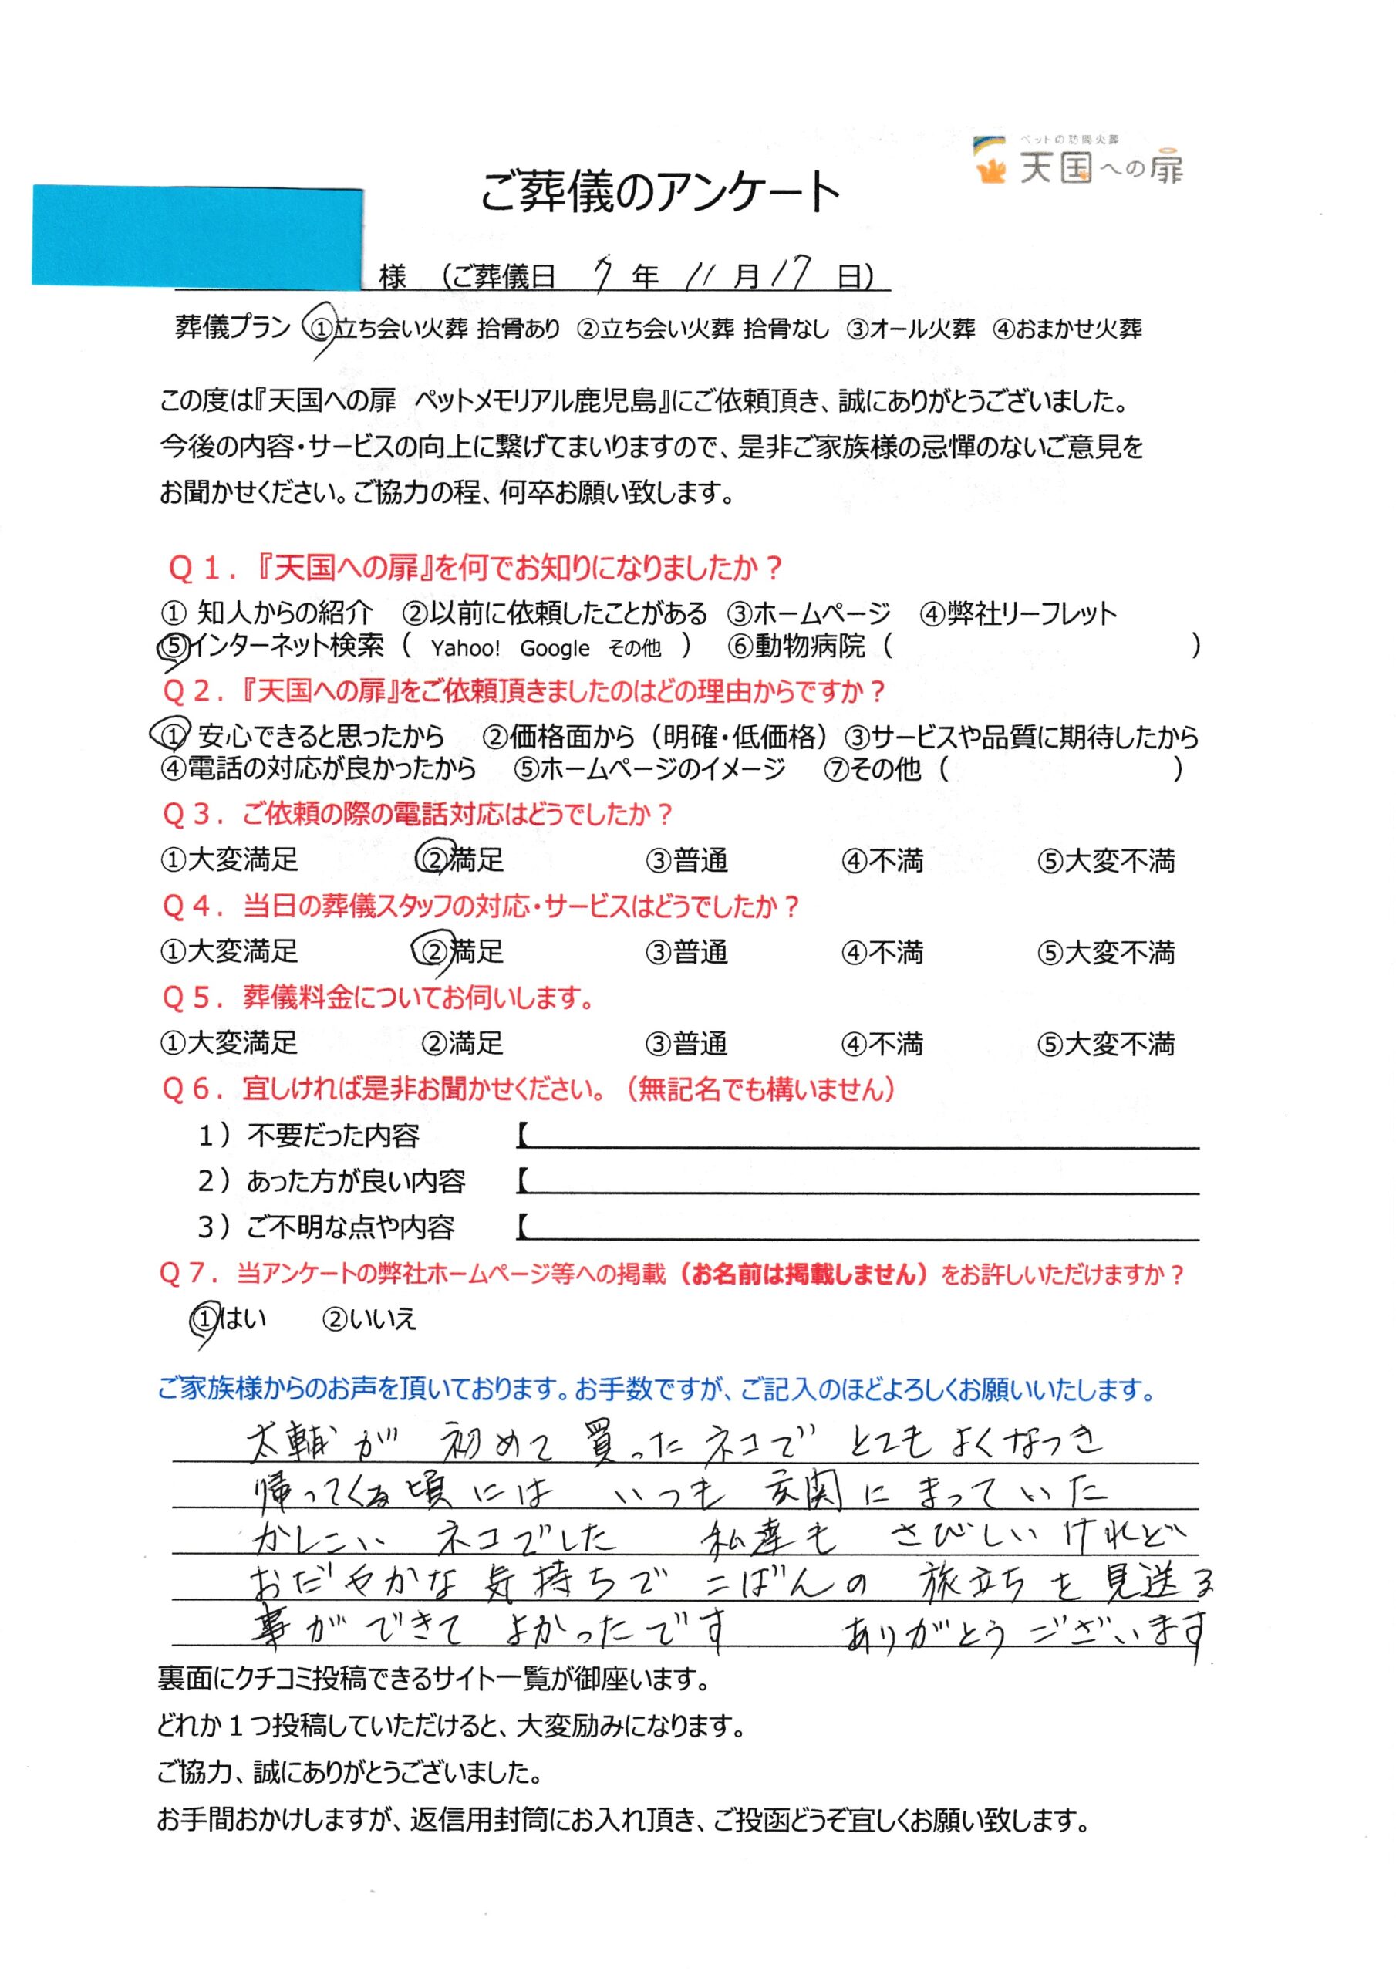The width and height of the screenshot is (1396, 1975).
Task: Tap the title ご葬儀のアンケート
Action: pyautogui.click(x=659, y=191)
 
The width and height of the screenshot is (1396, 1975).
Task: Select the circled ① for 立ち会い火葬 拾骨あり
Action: pyautogui.click(x=322, y=328)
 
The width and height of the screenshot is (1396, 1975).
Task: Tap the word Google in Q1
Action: pyautogui.click(x=555, y=649)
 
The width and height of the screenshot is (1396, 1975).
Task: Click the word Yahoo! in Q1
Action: pyautogui.click(x=465, y=649)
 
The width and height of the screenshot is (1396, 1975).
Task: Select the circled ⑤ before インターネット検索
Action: pyautogui.click(x=174, y=646)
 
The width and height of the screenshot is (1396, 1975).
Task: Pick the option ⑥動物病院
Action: pyautogui.click(x=797, y=646)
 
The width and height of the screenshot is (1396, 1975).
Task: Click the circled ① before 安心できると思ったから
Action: pyautogui.click(x=173, y=734)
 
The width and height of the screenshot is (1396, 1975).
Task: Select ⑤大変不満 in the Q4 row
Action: pyautogui.click(x=1105, y=952)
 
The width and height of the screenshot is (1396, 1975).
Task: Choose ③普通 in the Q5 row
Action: pyautogui.click(x=686, y=1043)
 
